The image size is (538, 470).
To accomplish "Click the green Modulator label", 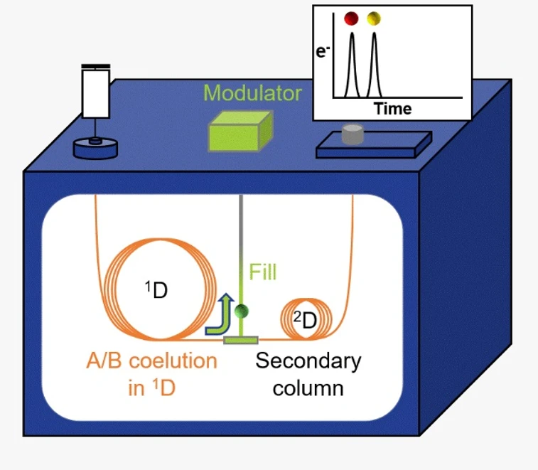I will (252, 93).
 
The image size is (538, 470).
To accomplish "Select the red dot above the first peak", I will (350, 18).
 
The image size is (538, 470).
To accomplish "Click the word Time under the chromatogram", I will (393, 109).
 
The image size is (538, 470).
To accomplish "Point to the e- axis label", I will (323, 50).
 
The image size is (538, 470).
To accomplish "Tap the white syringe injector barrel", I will (95, 93).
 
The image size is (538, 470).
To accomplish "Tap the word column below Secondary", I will (308, 388).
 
